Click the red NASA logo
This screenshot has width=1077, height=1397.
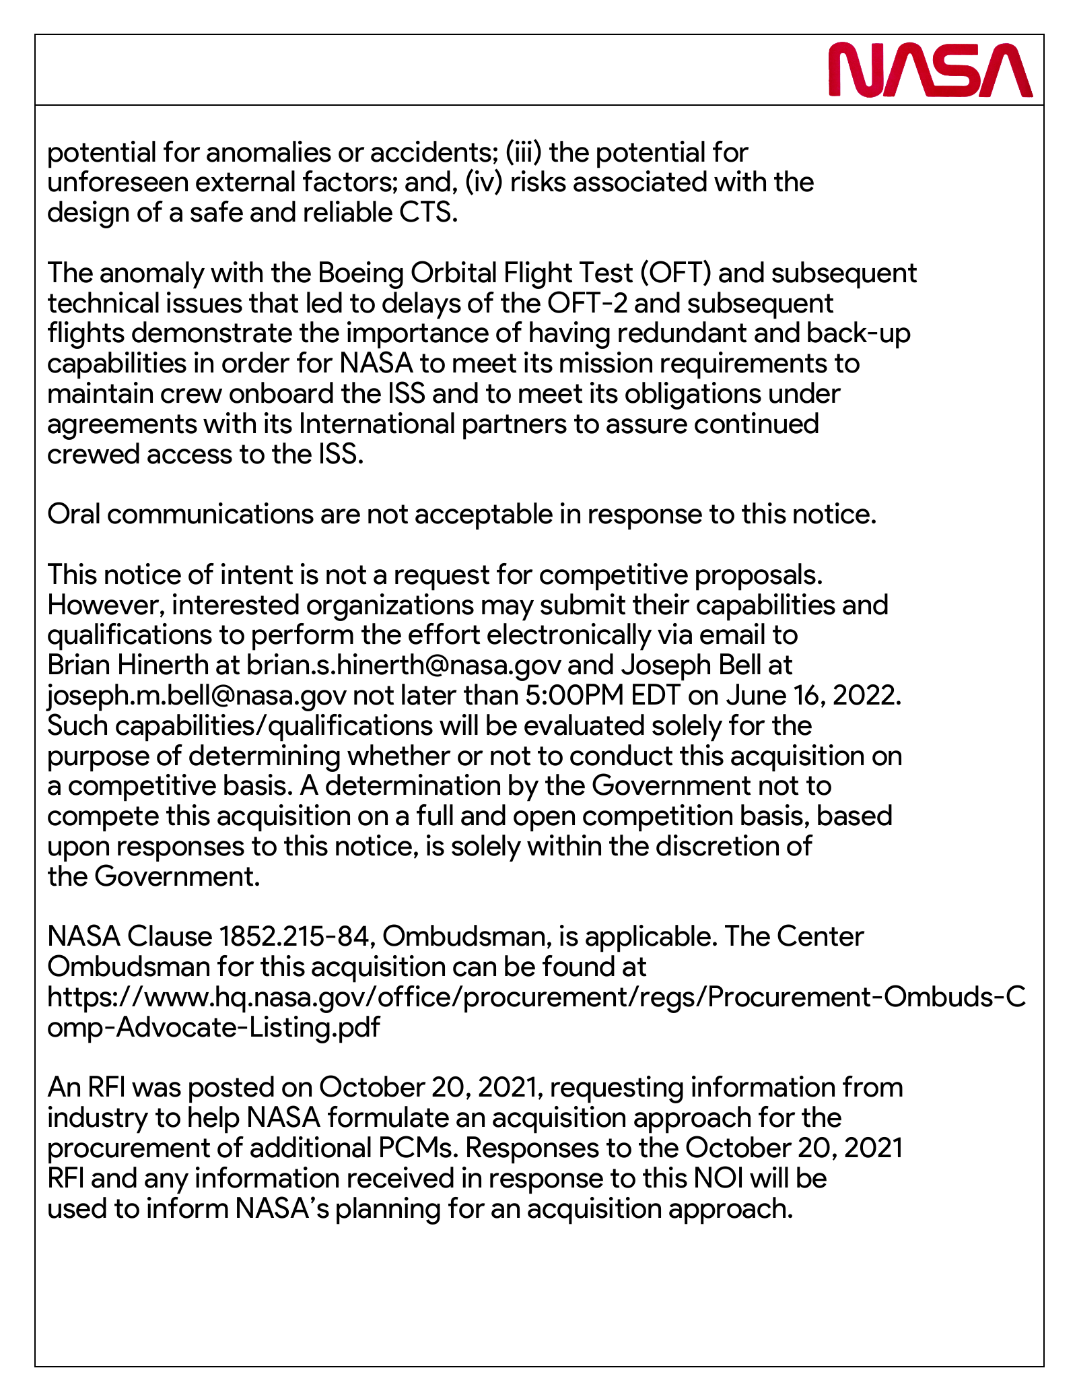930,70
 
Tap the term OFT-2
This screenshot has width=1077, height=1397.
587,304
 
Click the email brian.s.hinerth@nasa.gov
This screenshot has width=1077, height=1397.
404,665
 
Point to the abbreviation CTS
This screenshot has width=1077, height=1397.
428,213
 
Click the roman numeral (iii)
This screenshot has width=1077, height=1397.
523,153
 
